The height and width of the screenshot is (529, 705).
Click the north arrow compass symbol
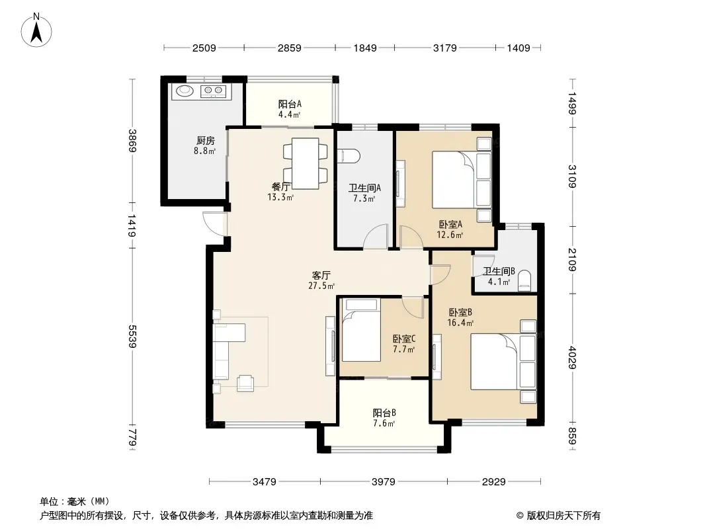click(x=36, y=30)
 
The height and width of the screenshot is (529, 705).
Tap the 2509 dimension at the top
click(x=204, y=48)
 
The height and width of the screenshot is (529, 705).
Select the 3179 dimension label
click(x=444, y=48)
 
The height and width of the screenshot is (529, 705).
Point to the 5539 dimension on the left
click(x=132, y=336)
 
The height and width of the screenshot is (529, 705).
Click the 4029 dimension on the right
click(x=572, y=357)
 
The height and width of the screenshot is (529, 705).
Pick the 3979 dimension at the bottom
click(x=384, y=482)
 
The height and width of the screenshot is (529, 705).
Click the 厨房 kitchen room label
click(x=205, y=141)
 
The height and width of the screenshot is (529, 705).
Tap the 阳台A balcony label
click(x=290, y=104)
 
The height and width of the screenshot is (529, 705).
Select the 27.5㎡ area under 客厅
click(x=321, y=286)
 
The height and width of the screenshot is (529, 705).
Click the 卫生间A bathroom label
click(x=364, y=188)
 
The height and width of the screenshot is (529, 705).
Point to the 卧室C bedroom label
click(x=404, y=339)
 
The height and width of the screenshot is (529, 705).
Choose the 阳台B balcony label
click(x=384, y=413)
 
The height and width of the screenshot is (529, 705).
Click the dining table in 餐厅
click(x=306, y=163)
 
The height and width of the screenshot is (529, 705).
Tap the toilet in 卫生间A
click(x=349, y=156)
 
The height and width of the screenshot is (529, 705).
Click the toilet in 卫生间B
click(x=524, y=281)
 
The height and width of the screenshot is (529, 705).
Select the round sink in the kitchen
click(x=185, y=91)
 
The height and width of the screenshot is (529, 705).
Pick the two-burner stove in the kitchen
click(x=213, y=91)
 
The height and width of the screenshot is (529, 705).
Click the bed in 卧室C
click(x=361, y=331)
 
